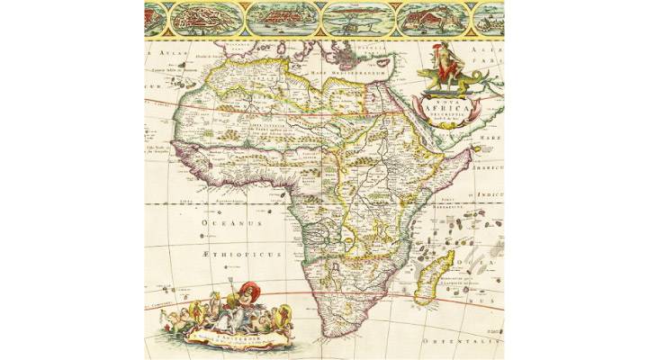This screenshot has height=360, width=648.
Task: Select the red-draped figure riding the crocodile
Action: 443,58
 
